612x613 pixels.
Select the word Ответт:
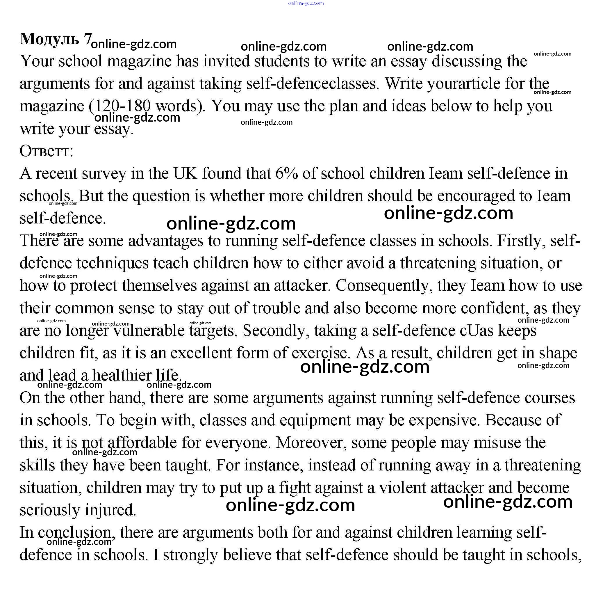pos(46,151)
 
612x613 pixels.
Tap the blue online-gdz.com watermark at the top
pos(306,3)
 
